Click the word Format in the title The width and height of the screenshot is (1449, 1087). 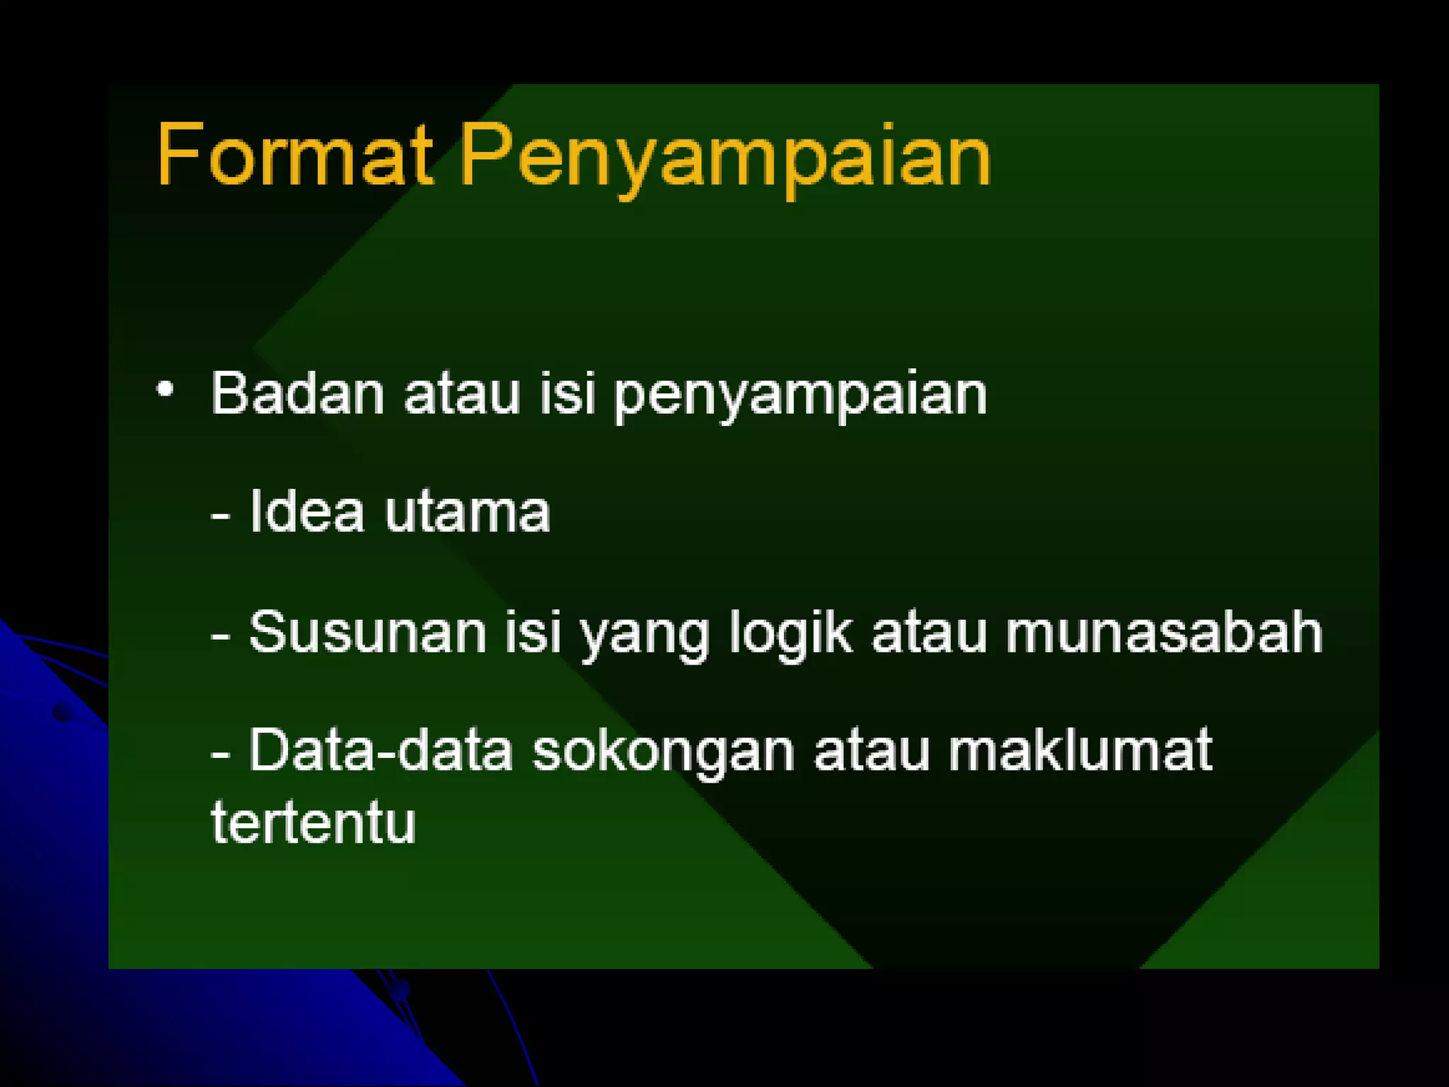[294, 155]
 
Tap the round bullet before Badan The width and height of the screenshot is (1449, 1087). [165, 389]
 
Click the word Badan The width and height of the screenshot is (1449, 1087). [298, 393]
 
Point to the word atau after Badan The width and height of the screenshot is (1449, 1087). [462, 395]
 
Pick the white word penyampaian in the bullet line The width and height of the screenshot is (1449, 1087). [799, 396]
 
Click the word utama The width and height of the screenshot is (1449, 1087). [467, 512]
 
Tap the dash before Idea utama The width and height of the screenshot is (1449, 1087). [221, 517]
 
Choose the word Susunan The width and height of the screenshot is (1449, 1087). [368, 631]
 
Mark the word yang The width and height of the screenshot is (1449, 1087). [645, 635]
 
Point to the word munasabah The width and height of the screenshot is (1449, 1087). [1164, 631]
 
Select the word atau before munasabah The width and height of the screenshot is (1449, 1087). [929, 633]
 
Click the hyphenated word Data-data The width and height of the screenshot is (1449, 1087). [381, 750]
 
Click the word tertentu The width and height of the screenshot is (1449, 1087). [313, 822]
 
